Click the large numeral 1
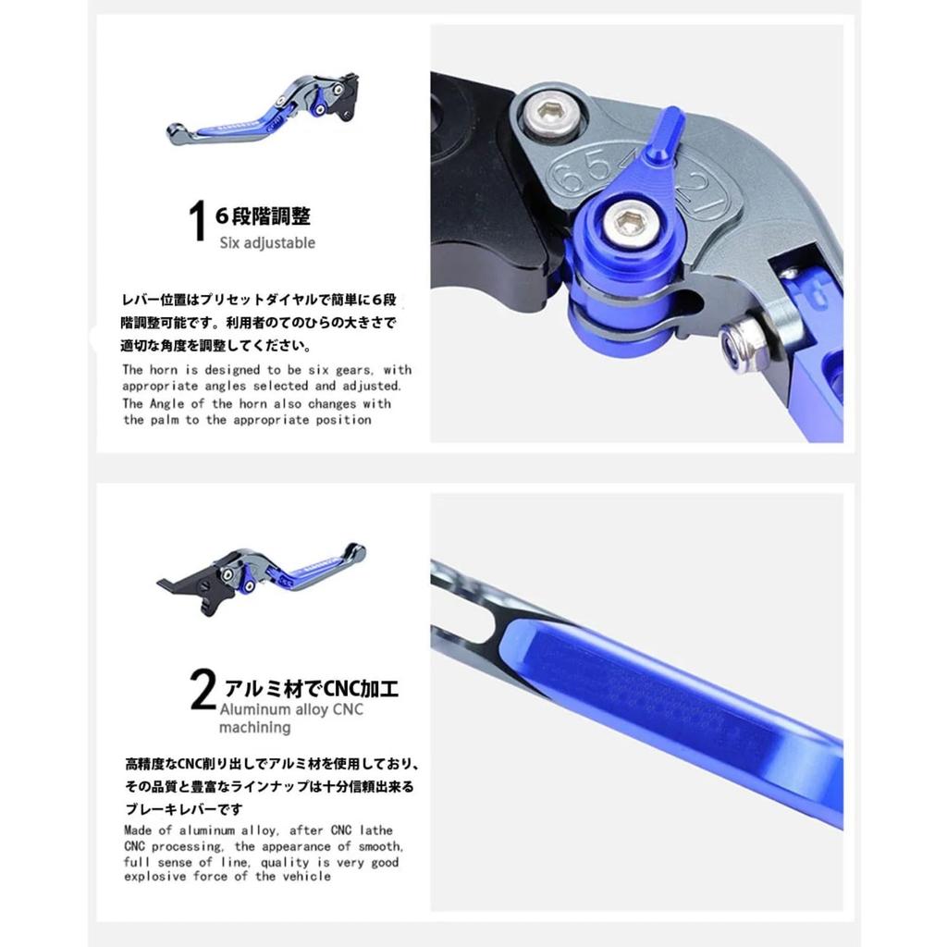point(195,223)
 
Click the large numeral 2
point(203,693)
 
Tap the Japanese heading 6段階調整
point(263,216)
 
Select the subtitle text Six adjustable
point(267,243)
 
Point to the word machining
point(255,728)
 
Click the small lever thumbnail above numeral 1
point(264,109)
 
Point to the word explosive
point(157,877)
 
